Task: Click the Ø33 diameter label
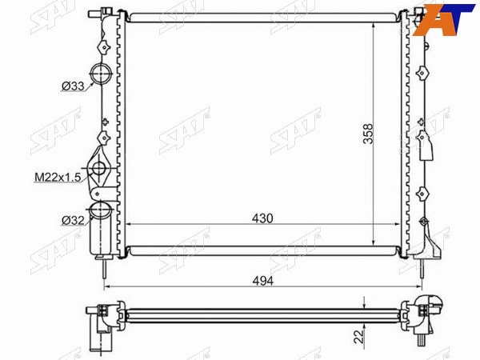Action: (73, 86)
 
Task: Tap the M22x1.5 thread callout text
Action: (58, 177)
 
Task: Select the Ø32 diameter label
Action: (73, 220)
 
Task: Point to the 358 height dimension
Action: (368, 134)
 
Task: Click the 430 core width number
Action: (262, 218)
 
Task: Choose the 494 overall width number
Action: (262, 281)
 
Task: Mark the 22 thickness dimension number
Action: (360, 336)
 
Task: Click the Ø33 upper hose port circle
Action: (101, 74)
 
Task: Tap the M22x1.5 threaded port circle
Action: (99, 168)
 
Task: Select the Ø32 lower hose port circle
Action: (99, 209)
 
